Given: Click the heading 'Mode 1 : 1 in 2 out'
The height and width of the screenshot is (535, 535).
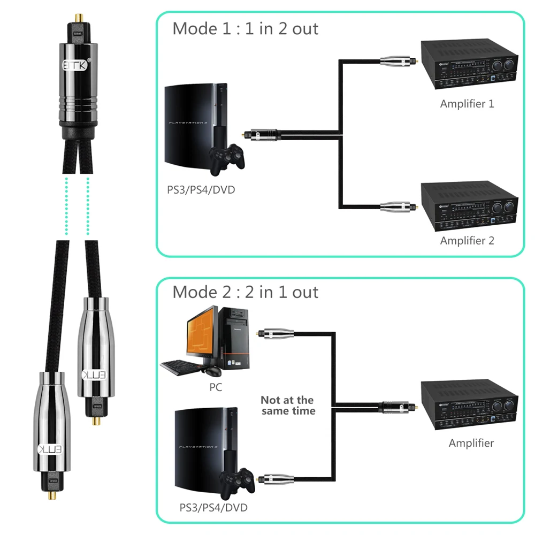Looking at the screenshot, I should click(x=245, y=28).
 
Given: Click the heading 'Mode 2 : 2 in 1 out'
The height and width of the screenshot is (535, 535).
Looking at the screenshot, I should click(x=245, y=292).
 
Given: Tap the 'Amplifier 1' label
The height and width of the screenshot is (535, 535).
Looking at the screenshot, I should click(x=467, y=103).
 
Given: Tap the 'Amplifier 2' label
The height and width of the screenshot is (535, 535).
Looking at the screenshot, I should click(x=467, y=240).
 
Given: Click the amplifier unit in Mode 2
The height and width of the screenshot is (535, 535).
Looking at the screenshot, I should click(x=469, y=407).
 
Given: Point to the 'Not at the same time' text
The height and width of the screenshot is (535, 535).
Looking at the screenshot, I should click(x=287, y=406).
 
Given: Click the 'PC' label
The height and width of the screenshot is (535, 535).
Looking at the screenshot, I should click(x=216, y=387).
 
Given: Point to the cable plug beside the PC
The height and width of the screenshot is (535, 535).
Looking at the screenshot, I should click(x=276, y=334).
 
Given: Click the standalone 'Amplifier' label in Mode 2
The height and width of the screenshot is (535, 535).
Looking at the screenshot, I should click(x=471, y=443).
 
